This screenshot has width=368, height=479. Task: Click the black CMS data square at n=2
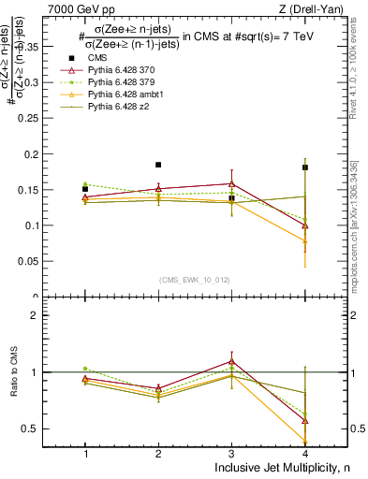(158, 165)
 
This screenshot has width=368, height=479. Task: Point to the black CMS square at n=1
(85, 189)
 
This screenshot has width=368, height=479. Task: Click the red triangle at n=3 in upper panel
(231, 184)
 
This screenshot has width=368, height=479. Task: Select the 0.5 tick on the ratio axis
(37, 428)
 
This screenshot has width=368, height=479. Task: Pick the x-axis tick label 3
(231, 453)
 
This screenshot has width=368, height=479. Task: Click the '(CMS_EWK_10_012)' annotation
(195, 279)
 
